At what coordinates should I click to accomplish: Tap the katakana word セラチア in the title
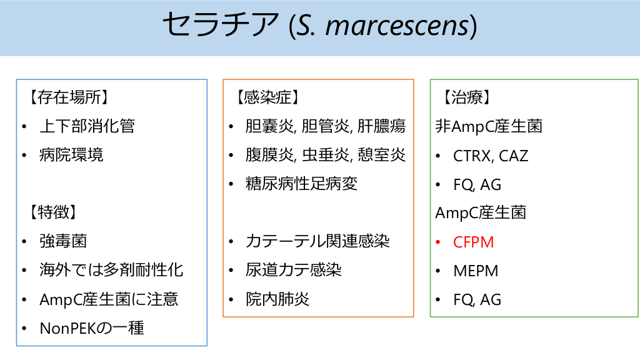pyautogui.click(x=221, y=24)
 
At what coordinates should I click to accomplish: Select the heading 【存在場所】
pyautogui.click(x=68, y=97)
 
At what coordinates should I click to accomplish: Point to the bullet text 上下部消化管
pyautogui.click(x=87, y=126)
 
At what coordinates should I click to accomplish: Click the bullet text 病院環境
pyautogui.click(x=71, y=155)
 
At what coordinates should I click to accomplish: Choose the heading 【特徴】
pyautogui.click(x=52, y=212)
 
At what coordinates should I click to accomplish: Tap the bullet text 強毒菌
pyautogui.click(x=63, y=241)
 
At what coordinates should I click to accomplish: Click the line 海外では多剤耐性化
pyautogui.click(x=111, y=270)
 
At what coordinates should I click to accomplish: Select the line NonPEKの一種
pyautogui.click(x=92, y=327)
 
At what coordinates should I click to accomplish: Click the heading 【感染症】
pyautogui.click(x=267, y=97)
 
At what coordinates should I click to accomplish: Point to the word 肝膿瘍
pyautogui.click(x=382, y=126)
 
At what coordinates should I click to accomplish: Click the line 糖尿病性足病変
pyautogui.click(x=302, y=184)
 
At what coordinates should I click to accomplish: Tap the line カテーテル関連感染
pyautogui.click(x=317, y=241)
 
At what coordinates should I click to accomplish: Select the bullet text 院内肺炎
pyautogui.click(x=277, y=299)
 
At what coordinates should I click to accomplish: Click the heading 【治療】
pyautogui.click(x=466, y=97)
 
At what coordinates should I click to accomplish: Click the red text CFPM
pyautogui.click(x=474, y=242)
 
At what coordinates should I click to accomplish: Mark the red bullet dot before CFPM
pyautogui.click(x=438, y=242)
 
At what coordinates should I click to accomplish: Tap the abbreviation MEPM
pyautogui.click(x=476, y=271)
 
